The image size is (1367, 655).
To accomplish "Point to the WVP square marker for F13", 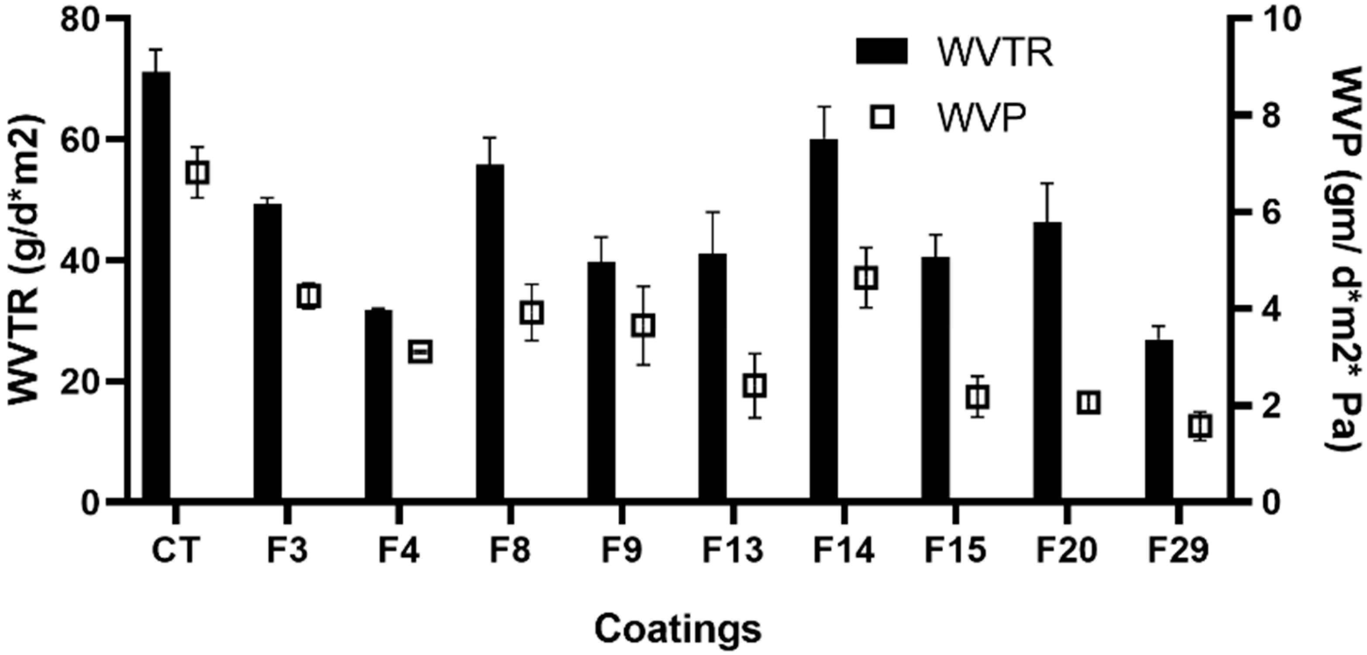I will [755, 386].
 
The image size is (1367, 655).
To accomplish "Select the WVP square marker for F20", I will [1089, 403].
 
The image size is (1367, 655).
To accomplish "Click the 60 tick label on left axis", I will [81, 140].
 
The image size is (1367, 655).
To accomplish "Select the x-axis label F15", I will [955, 551].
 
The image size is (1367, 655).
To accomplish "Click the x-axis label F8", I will [510, 551].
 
